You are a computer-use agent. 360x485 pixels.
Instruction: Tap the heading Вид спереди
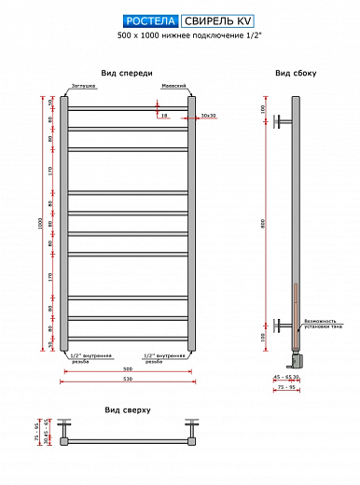point(127,73)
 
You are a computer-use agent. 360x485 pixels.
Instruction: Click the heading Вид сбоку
point(294,73)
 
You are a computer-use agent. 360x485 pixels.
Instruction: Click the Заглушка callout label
point(81,86)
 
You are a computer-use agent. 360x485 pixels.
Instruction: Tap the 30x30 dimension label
point(208,116)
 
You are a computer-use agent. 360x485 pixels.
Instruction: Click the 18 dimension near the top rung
point(163,117)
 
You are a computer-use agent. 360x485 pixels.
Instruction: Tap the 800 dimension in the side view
point(263,222)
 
